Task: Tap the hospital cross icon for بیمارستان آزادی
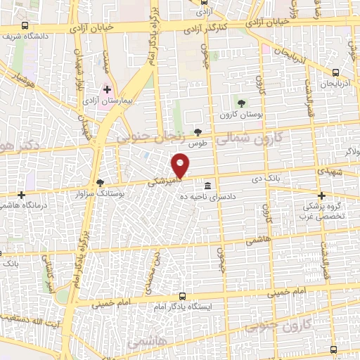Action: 108,90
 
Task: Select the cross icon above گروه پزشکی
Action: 322,196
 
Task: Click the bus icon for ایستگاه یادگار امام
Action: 183,297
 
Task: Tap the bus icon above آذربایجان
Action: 336,72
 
